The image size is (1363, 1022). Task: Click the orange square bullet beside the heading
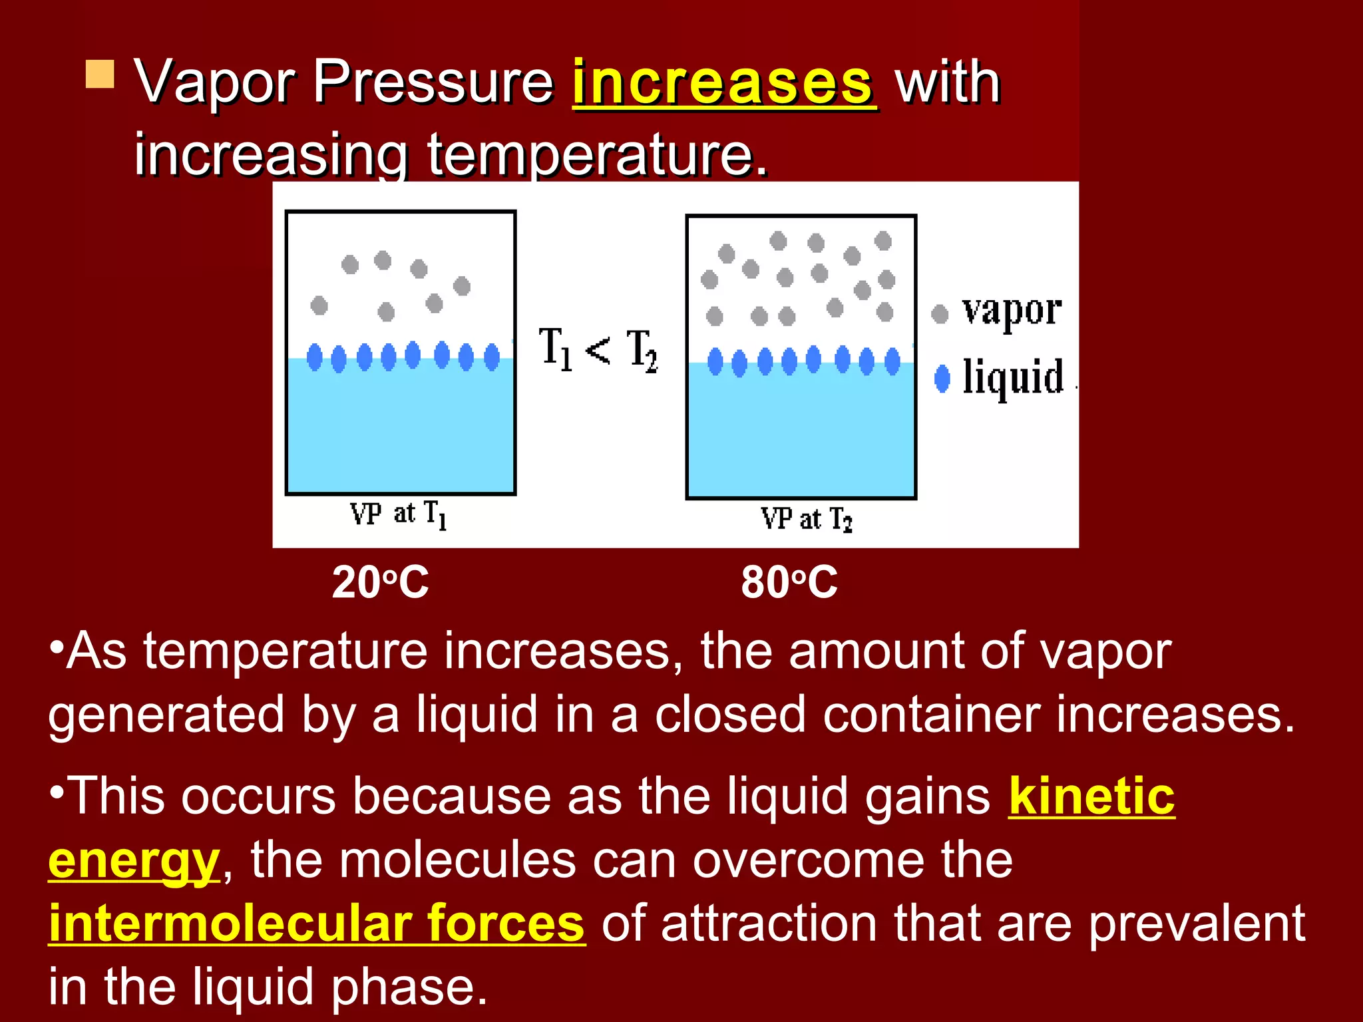100,74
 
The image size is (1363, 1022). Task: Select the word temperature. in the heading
597,154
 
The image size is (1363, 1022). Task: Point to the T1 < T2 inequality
598,350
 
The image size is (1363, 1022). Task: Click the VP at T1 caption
398,515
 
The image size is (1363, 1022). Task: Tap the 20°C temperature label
380,583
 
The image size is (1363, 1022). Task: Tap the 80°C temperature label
789,583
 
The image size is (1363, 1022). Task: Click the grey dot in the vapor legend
940,314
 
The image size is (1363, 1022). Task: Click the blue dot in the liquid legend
942,379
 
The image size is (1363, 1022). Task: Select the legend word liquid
1013,377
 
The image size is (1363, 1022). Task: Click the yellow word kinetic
1091,796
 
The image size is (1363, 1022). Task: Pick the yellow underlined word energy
134,860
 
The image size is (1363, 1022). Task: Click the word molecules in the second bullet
457,860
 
